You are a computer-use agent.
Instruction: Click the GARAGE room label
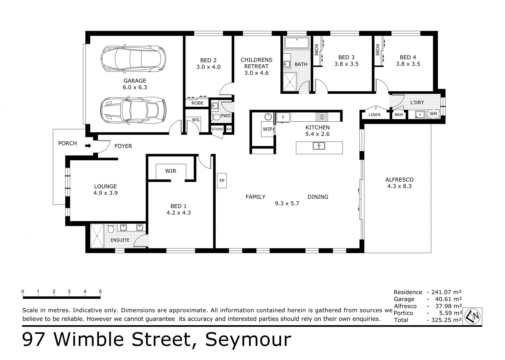(135, 81)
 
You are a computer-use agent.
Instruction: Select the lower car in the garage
(134, 111)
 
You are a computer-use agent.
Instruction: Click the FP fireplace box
(222, 181)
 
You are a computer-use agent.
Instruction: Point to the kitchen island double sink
(319, 146)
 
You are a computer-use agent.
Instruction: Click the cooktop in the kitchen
(322, 117)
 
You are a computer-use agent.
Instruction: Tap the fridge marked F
(283, 117)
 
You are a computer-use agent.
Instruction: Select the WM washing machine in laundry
(433, 114)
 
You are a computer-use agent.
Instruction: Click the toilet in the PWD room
(216, 117)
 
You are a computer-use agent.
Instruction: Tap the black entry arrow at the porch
(88, 146)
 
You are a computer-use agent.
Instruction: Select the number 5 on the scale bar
(100, 291)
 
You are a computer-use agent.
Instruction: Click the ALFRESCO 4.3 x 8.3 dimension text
(399, 186)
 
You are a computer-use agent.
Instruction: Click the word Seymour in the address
(248, 340)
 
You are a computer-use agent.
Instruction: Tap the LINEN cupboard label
(375, 115)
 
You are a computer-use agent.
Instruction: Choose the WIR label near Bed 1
(171, 171)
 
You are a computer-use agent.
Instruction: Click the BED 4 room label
(408, 57)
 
